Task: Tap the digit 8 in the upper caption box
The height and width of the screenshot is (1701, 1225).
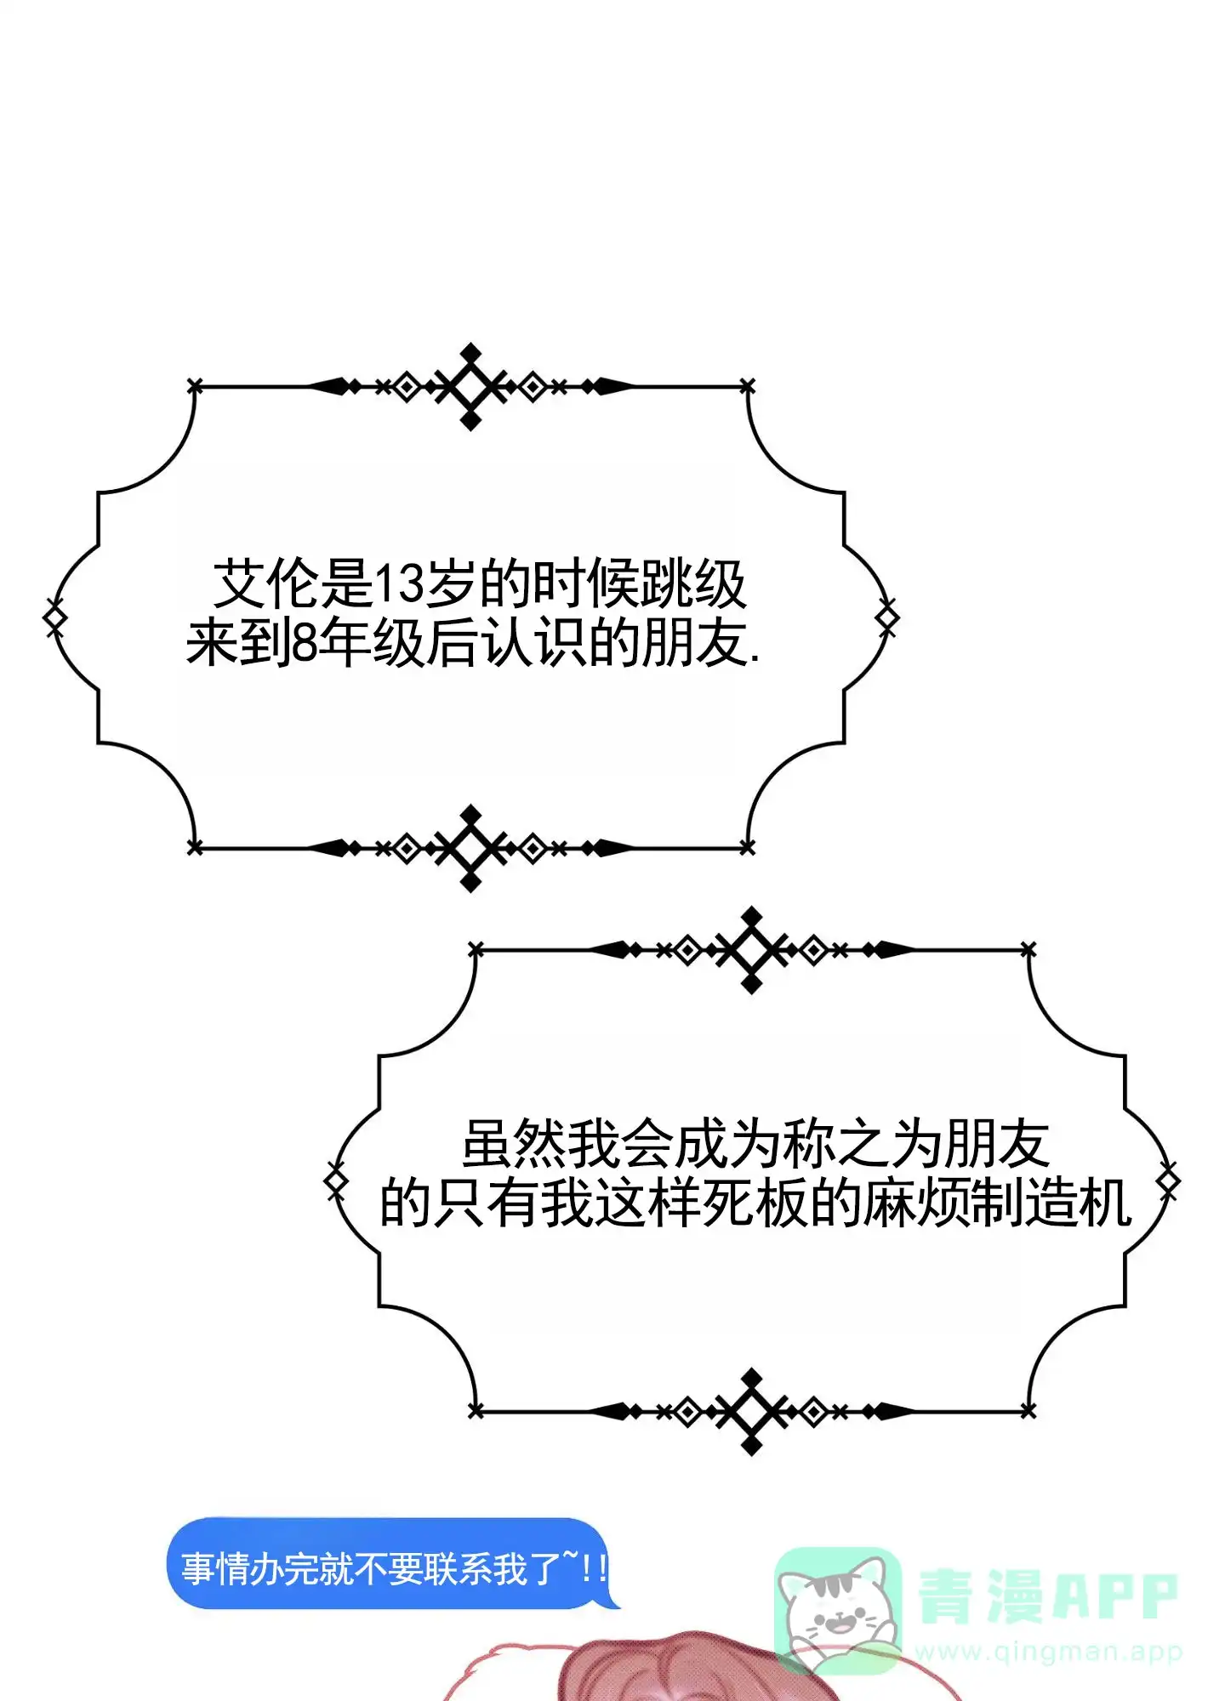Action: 305,642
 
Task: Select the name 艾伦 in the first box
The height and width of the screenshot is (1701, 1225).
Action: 265,584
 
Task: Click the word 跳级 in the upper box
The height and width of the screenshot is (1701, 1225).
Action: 693,584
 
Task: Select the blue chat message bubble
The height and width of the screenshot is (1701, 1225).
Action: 391,1562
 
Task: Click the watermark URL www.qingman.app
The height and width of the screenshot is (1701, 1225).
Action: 1049,1652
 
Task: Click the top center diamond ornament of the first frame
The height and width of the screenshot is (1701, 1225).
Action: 470,387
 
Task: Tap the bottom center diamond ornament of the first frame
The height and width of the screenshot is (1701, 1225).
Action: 470,848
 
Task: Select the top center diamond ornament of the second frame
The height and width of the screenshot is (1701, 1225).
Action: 752,950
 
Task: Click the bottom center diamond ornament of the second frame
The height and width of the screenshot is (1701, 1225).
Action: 752,1412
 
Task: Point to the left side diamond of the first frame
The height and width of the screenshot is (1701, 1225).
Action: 54,617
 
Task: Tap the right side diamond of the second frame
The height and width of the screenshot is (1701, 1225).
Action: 1169,1180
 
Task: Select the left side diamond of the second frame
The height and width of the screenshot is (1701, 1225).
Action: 336,1180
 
